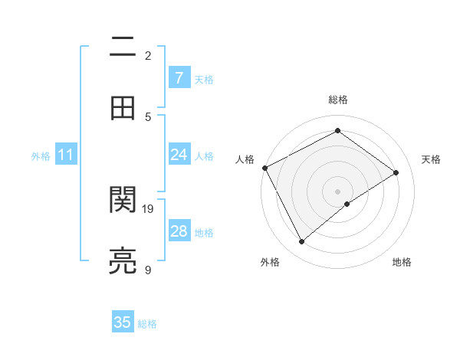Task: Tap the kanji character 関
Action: [123, 200]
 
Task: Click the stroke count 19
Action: [148, 208]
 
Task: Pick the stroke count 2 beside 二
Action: [148, 55]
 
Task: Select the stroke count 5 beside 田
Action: [148, 116]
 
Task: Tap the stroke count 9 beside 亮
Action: [148, 270]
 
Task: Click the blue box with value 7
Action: [179, 77]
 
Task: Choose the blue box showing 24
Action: [179, 155]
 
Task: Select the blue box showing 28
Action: [179, 231]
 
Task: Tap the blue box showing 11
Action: [66, 155]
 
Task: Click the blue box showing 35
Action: [123, 322]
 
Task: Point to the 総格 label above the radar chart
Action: [337, 100]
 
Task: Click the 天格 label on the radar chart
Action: [431, 159]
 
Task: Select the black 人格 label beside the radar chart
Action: [245, 159]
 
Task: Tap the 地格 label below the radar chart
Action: [402, 262]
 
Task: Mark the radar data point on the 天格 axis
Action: [396, 172]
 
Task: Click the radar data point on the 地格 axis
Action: [347, 204]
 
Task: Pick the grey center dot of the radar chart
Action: [337, 191]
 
